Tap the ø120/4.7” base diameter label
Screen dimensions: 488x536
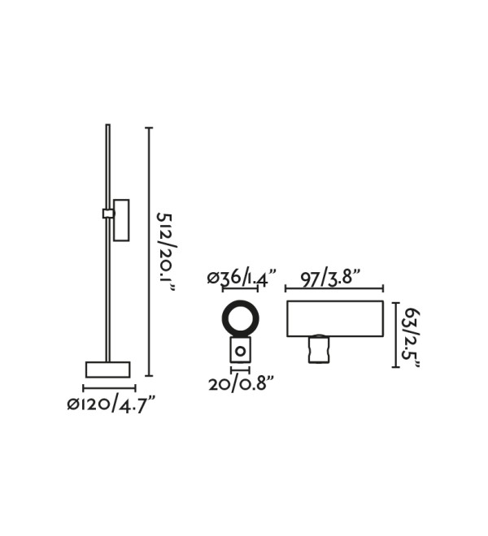tap(111, 405)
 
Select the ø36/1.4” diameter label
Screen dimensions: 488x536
tap(242, 278)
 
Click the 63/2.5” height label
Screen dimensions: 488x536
tap(411, 339)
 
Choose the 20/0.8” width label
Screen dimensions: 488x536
tap(242, 385)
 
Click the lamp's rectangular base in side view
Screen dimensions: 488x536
tap(108, 370)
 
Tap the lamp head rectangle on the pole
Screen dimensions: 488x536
tap(121, 220)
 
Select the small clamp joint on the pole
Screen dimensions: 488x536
tap(108, 214)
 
